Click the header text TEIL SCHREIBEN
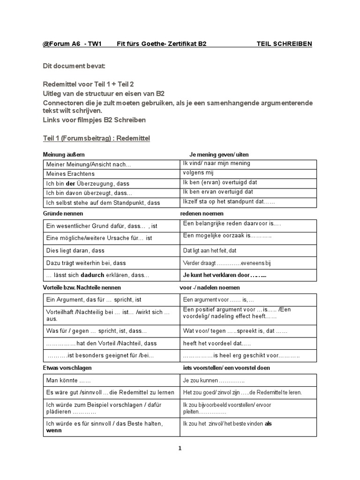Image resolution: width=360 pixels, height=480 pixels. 284,44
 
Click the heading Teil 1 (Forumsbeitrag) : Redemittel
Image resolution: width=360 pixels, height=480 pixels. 96,139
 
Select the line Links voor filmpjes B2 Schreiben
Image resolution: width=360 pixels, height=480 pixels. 94,120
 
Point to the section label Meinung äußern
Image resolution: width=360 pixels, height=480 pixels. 64,155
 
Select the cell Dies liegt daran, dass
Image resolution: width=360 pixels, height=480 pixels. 75,251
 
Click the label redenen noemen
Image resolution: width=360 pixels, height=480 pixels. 202,214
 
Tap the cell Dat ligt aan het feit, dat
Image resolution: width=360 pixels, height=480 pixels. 210,251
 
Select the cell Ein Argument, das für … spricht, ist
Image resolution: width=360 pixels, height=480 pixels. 94,300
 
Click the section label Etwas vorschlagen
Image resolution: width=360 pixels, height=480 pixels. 67,368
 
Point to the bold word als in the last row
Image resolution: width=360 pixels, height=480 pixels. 268,424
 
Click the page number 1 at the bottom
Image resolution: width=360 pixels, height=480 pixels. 180,449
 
